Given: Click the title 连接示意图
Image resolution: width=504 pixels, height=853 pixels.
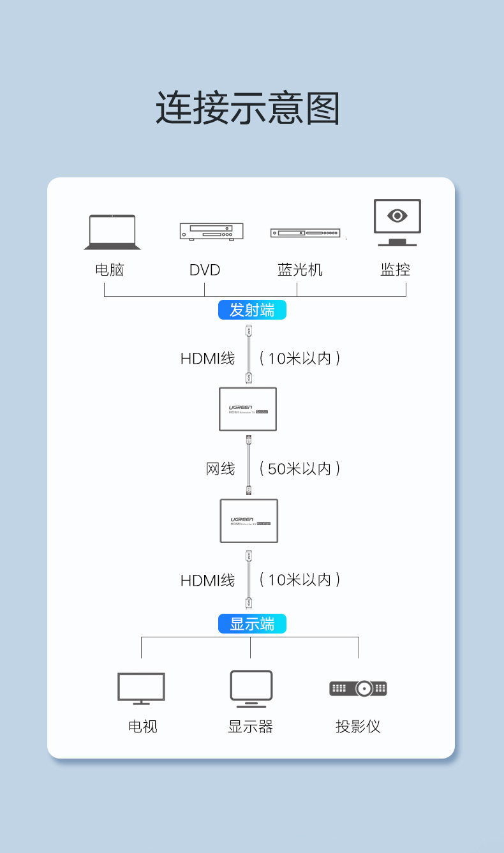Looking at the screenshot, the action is (x=248, y=108).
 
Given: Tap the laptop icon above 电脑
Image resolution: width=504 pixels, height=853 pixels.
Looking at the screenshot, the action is (x=112, y=232).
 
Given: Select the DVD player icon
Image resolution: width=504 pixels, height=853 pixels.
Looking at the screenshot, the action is (x=211, y=231).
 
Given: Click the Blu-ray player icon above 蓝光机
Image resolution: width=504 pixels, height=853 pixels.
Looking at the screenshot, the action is (x=305, y=234).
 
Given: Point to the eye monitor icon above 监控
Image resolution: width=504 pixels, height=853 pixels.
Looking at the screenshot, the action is (x=397, y=221).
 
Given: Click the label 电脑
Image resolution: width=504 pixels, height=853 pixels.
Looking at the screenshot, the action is (x=110, y=270).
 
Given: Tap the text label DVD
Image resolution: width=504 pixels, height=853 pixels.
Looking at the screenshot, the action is (x=205, y=270).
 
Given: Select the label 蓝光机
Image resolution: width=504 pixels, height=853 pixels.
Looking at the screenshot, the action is (x=300, y=270).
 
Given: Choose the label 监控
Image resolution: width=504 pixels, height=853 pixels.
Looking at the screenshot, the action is (x=395, y=270).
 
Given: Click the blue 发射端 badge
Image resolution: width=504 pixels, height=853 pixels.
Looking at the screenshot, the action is (x=252, y=310).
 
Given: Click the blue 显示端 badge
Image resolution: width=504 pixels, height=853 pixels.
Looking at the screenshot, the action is (x=252, y=624).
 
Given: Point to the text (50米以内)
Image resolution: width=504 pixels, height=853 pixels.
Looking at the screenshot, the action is (x=300, y=469).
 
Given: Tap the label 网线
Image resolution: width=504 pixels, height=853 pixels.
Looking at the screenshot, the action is (x=220, y=469).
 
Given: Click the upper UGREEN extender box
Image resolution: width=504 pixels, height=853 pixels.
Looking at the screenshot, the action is (x=248, y=409).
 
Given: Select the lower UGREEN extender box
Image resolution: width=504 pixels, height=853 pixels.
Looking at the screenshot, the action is (x=249, y=521).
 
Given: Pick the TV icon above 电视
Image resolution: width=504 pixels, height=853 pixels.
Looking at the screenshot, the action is (x=141, y=688).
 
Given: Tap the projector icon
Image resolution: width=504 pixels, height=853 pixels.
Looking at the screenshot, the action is (x=359, y=688).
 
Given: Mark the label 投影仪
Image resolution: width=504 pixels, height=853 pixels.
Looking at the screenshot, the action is (x=358, y=727).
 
